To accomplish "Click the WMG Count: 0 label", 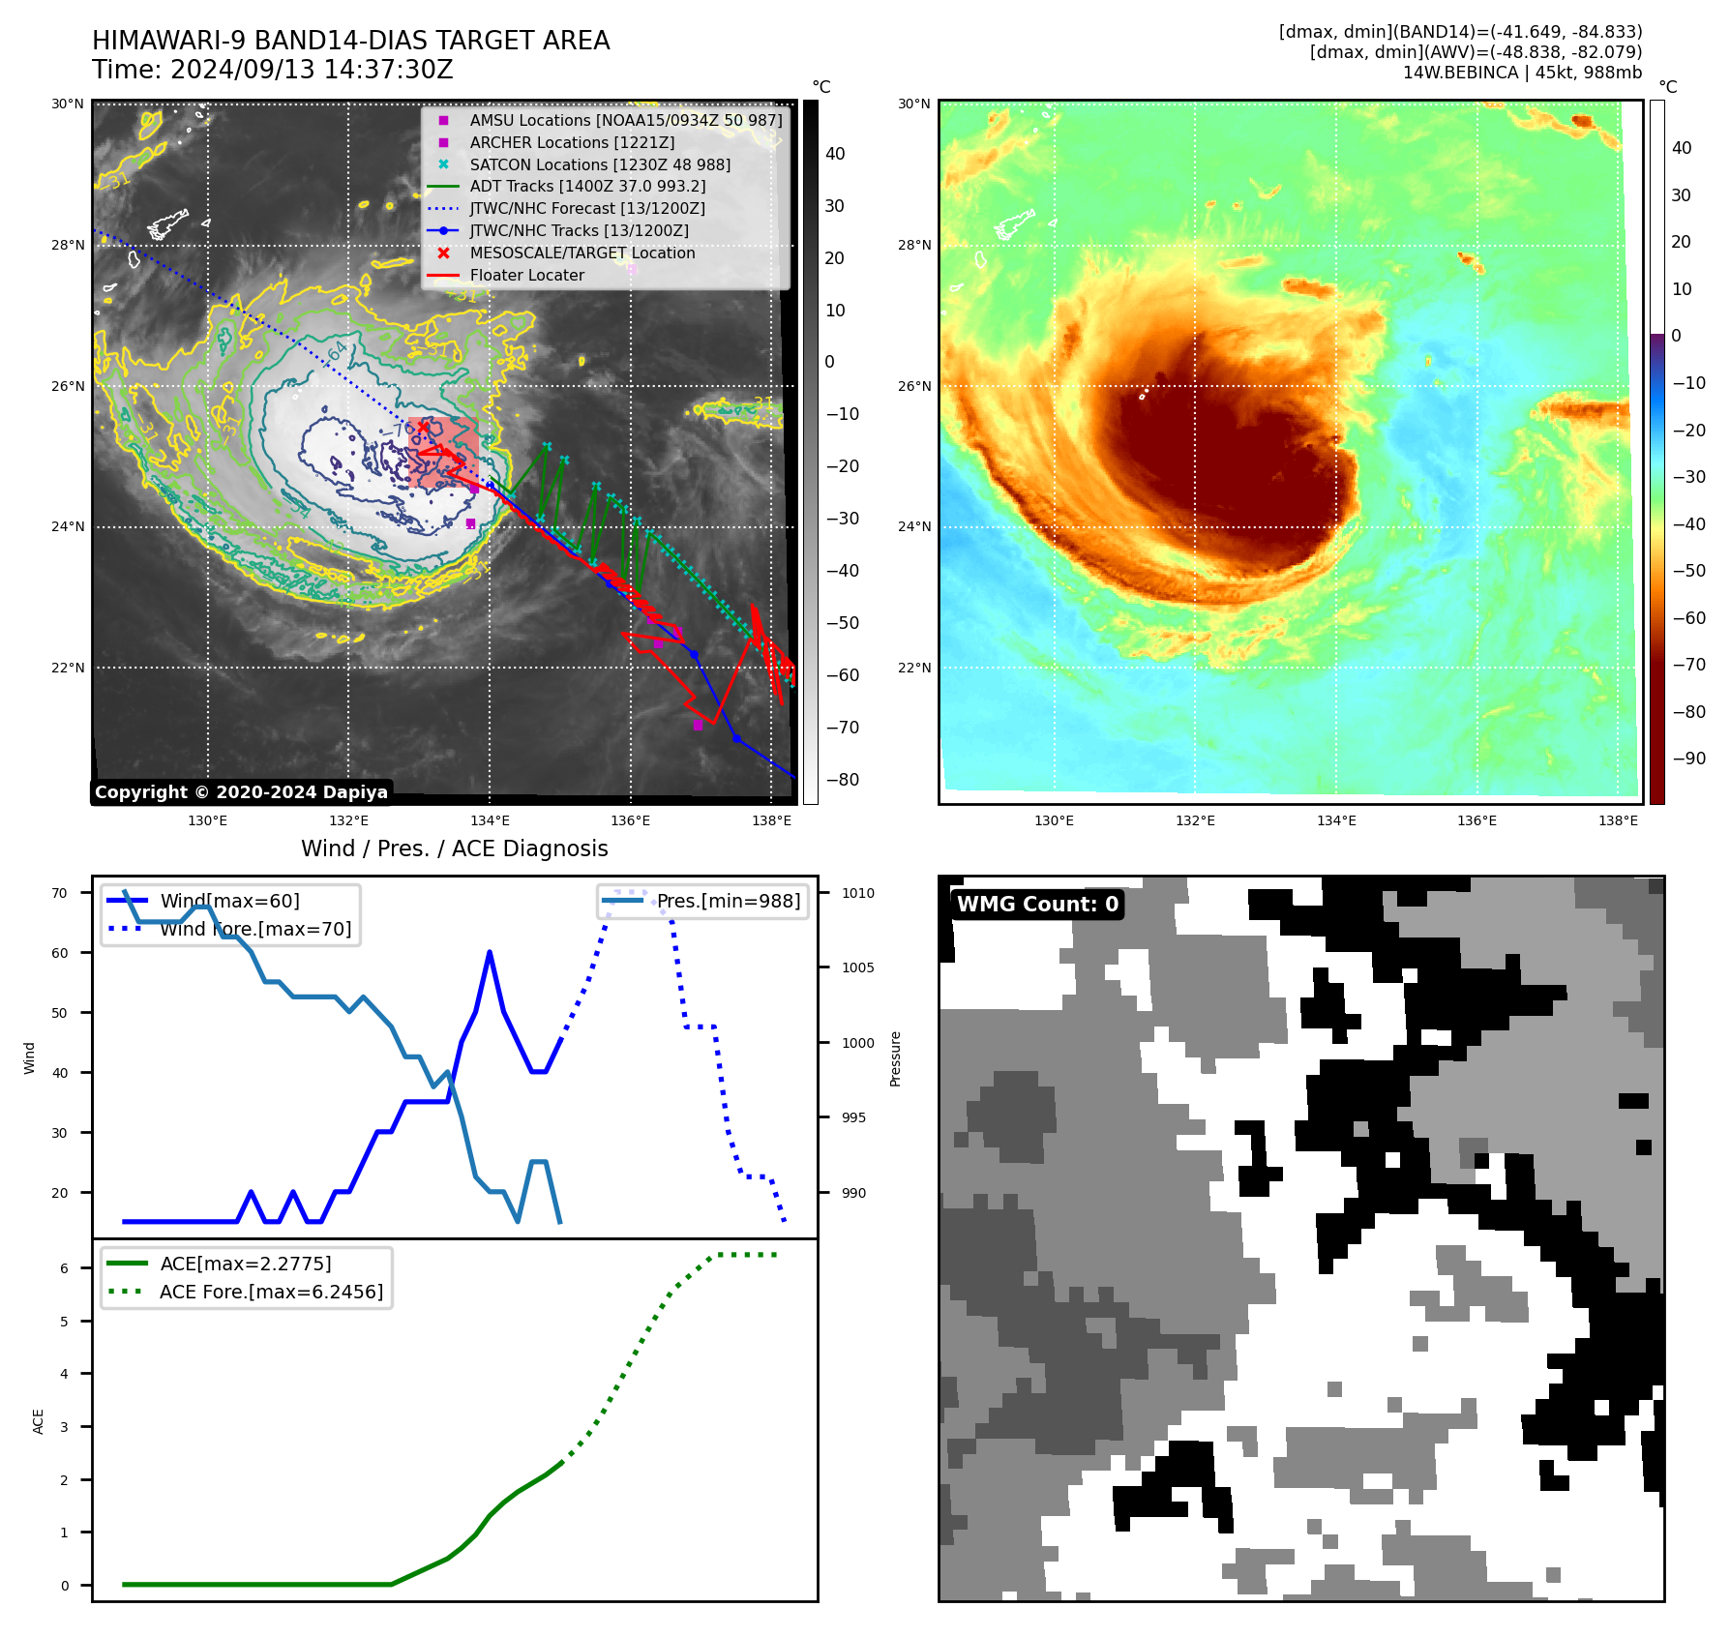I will tap(1037, 904).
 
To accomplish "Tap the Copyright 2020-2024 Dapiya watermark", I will tap(241, 792).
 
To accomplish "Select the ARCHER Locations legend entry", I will tap(572, 142).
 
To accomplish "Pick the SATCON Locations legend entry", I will tap(599, 164).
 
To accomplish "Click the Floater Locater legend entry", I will tap(526, 275).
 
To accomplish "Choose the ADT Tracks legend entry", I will tap(587, 186).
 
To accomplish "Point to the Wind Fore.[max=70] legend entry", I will tap(255, 929).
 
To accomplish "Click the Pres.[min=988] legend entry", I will tap(728, 901).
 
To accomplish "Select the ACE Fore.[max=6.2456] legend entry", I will tap(271, 1292).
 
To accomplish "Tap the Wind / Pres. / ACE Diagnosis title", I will tap(455, 848).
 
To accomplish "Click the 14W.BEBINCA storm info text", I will tap(1522, 73).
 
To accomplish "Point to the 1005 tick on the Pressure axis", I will tap(857, 967).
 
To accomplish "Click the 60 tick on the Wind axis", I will tap(60, 953).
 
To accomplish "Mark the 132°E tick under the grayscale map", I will tap(348, 820).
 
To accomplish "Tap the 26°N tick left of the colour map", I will tap(914, 386).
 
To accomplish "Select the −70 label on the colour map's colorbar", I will tap(1688, 665).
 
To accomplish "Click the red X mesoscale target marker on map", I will tap(423, 427).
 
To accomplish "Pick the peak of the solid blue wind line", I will tap(490, 952).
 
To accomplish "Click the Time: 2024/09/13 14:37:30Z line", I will tap(273, 70).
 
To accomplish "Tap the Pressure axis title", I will tap(895, 1058).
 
